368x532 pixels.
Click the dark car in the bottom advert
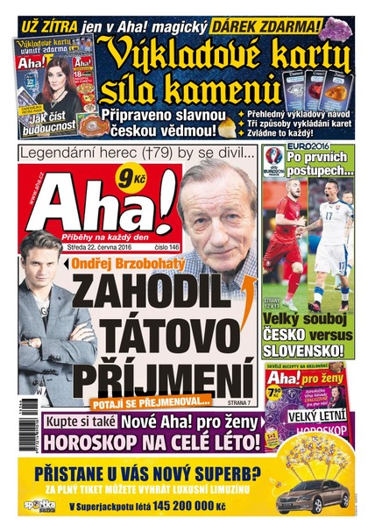pos(311,496)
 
